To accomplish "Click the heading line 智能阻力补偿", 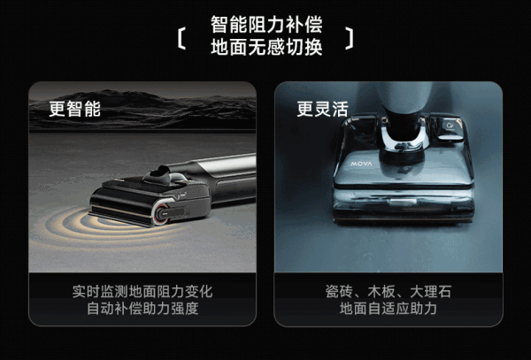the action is pyautogui.click(x=266, y=25).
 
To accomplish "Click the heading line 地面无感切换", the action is pyautogui.click(x=266, y=47).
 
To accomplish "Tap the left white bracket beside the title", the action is pyautogui.click(x=181, y=39).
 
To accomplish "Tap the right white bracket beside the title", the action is pyautogui.click(x=350, y=39).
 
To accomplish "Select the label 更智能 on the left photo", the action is pyautogui.click(x=75, y=109).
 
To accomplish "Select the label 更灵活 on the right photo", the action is pyautogui.click(x=322, y=109).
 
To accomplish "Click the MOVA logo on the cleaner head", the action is pyautogui.click(x=361, y=164).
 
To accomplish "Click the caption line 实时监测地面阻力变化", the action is pyautogui.click(x=142, y=292).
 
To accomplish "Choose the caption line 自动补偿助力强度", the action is pyautogui.click(x=142, y=309).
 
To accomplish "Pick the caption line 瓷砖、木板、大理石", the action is pyautogui.click(x=389, y=292).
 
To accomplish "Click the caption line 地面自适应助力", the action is pyautogui.click(x=389, y=309).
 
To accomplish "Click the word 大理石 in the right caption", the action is pyautogui.click(x=431, y=292).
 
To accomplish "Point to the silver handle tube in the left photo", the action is pyautogui.click(x=227, y=165).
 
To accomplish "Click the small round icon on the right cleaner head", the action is pyautogui.click(x=450, y=126).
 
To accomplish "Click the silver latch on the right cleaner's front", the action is pyautogui.click(x=403, y=202).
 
